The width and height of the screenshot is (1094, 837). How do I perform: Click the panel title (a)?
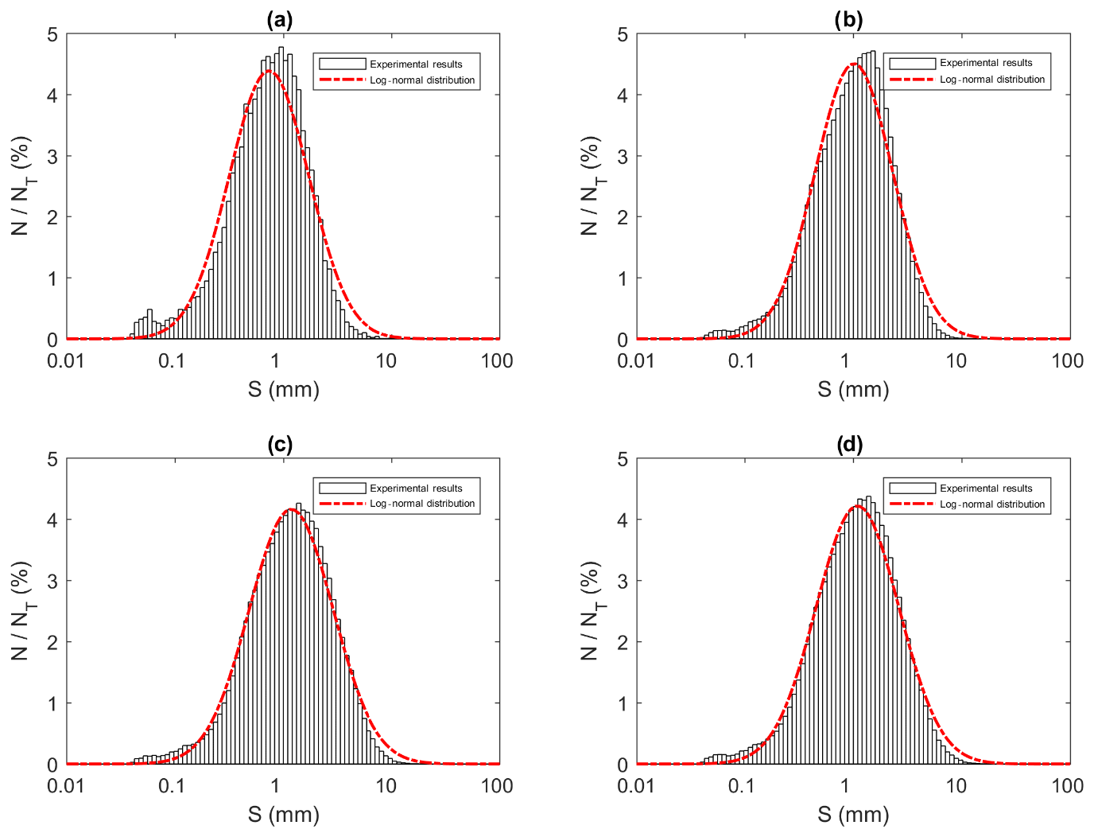coord(279,19)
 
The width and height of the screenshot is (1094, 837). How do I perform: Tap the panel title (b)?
coord(848,19)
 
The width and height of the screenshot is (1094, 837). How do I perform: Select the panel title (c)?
coord(279,444)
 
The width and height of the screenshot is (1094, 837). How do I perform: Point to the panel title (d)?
coord(849,444)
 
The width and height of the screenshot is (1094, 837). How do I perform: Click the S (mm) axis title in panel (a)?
coord(283,389)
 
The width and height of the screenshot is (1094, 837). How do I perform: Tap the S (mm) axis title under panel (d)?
coord(853,814)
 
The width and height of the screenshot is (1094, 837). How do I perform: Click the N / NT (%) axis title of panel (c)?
coord(22,610)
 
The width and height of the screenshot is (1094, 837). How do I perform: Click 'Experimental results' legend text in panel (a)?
coord(416,64)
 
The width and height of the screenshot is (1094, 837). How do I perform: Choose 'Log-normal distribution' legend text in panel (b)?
coord(991,80)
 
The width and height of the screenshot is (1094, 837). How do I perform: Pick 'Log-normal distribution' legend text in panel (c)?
coord(422,504)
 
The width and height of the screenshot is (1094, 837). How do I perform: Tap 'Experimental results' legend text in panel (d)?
coord(986,489)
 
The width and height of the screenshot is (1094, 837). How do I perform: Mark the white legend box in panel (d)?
coord(912,489)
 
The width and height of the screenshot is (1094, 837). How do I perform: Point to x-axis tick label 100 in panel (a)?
coord(497,361)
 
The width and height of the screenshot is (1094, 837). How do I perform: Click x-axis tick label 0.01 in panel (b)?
coord(636,361)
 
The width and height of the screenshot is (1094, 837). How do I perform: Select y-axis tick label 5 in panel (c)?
coord(52,459)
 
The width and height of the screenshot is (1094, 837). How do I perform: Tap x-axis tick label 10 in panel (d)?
coord(956,786)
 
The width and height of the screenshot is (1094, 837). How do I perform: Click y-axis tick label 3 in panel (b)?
coord(623,157)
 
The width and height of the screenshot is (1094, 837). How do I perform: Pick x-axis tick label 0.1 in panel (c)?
coord(171,786)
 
